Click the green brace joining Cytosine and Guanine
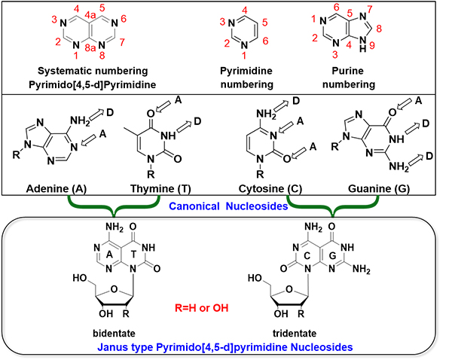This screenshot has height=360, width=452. [x=332, y=205]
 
